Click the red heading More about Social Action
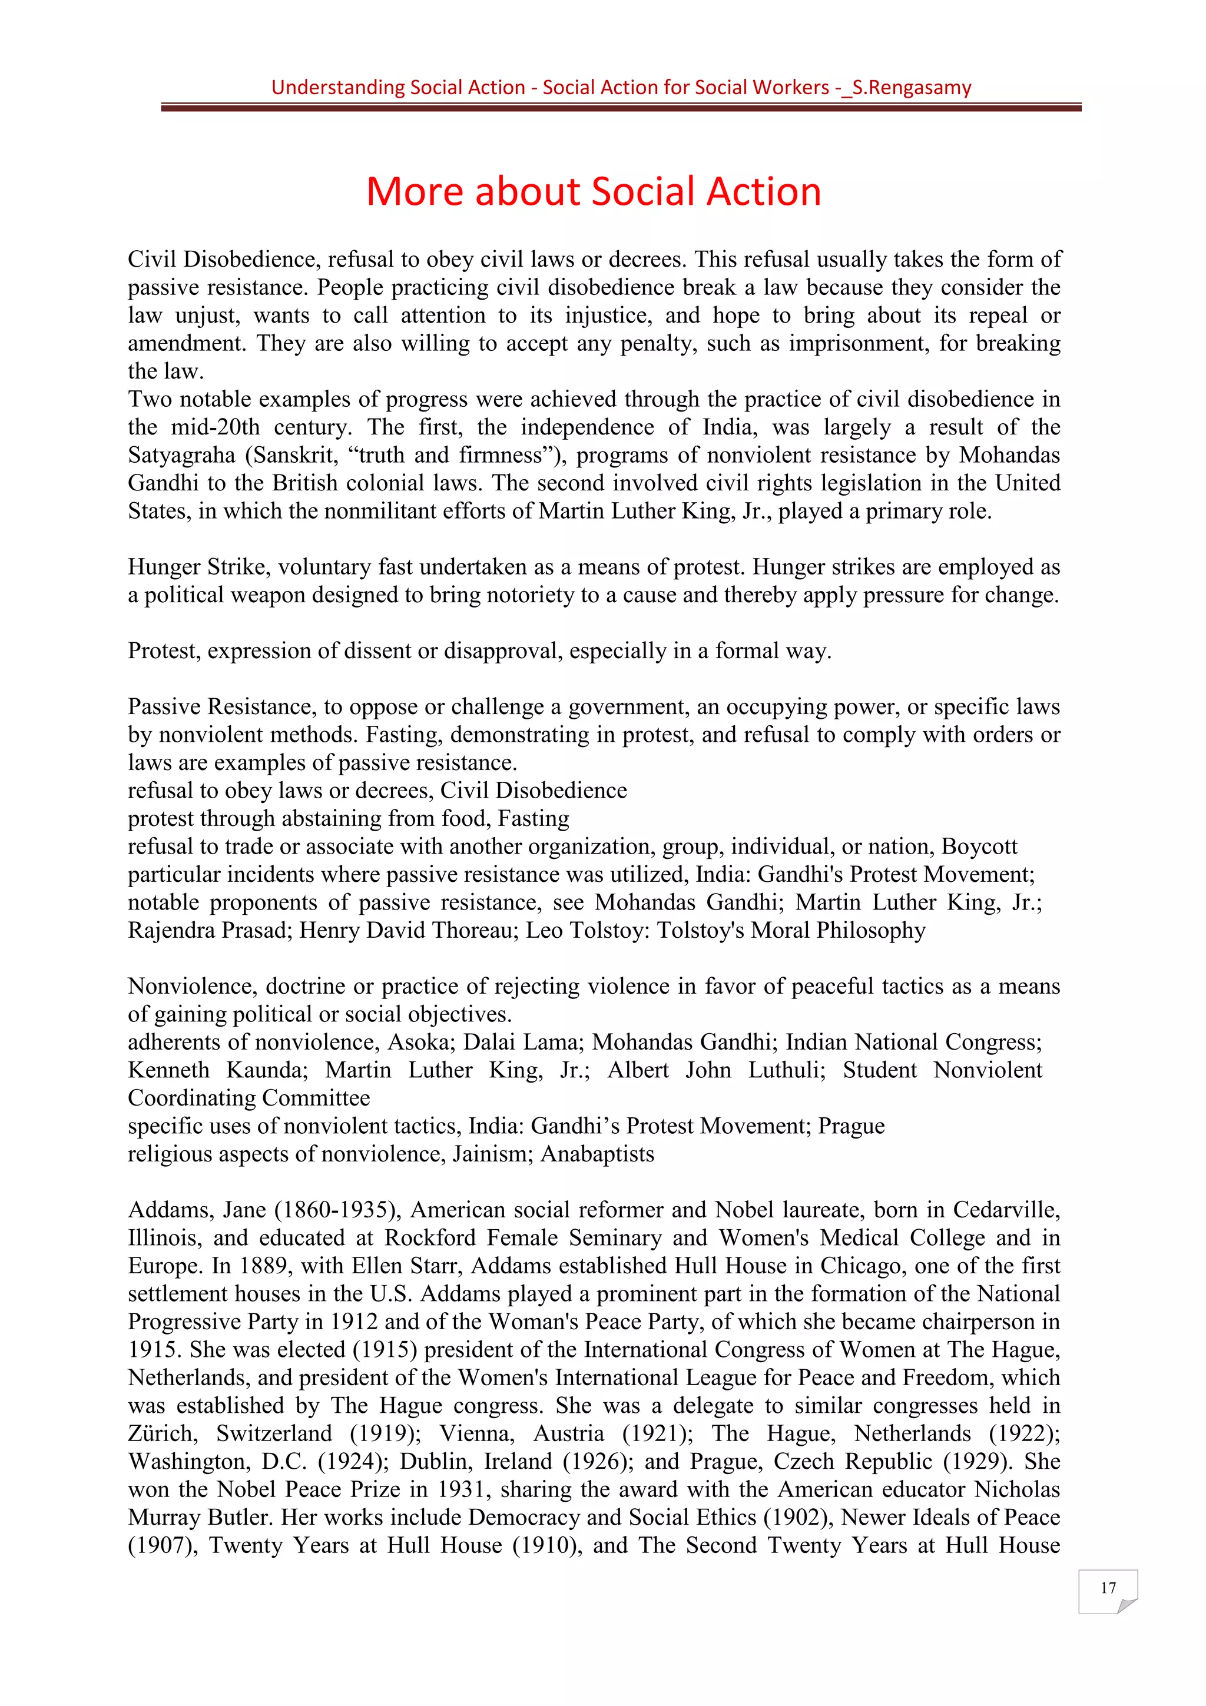coord(593,192)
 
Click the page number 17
coord(1107,1588)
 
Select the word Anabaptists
coord(598,1154)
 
